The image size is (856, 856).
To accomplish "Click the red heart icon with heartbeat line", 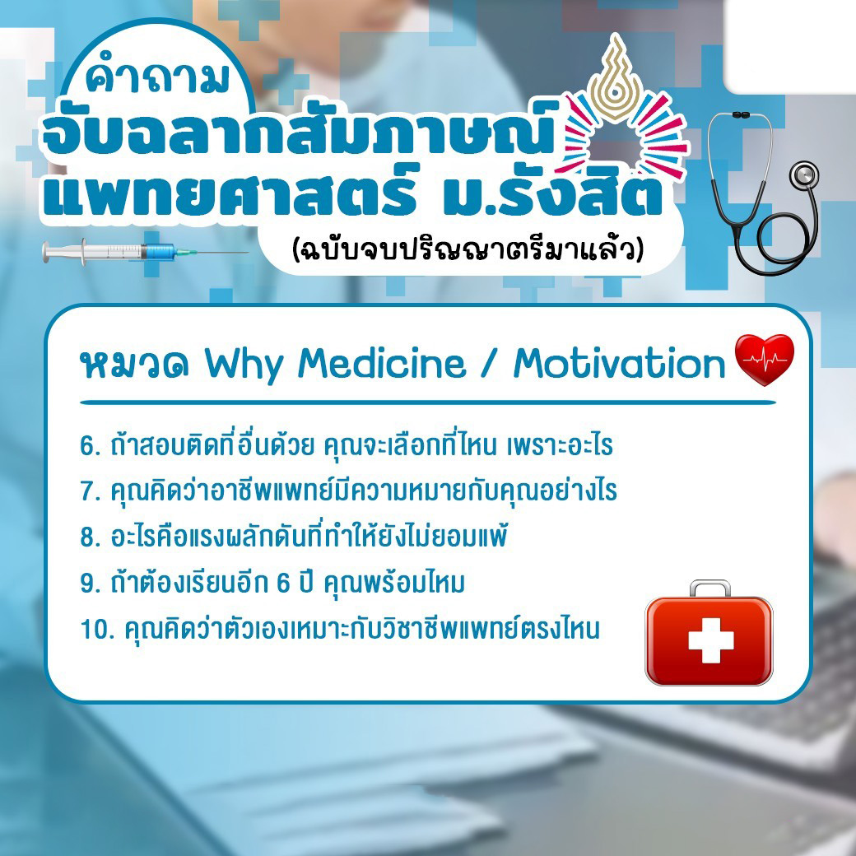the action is (x=764, y=359).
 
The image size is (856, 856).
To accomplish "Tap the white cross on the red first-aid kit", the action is (x=710, y=640).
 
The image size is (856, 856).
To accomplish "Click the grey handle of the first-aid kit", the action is (x=709, y=587).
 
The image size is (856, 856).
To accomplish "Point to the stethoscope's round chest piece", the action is (x=804, y=176).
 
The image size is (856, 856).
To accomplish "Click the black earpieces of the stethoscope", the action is (x=741, y=115).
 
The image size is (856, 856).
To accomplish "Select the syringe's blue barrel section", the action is (x=159, y=252).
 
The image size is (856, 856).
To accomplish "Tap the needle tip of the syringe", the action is (x=247, y=252).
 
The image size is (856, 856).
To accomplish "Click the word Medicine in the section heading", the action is (x=381, y=363).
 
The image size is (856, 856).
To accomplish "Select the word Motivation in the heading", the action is (x=619, y=363).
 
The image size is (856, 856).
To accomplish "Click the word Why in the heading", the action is (x=244, y=365).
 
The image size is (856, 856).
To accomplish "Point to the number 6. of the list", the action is (x=91, y=446).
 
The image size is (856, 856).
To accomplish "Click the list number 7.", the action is (x=91, y=491).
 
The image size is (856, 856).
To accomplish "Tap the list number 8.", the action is (x=91, y=537).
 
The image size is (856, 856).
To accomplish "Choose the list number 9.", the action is (x=91, y=583).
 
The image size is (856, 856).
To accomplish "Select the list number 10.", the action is (x=98, y=629).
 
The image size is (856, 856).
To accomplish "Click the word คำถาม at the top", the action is (x=157, y=77).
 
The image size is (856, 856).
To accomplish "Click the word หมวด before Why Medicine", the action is (x=134, y=365).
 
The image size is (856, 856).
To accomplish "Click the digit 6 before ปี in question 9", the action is (x=283, y=583).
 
